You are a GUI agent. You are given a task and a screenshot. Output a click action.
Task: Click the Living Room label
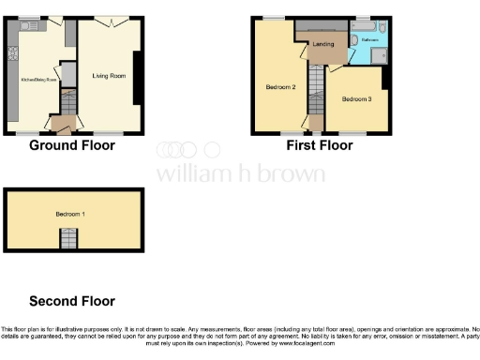coord(110,76)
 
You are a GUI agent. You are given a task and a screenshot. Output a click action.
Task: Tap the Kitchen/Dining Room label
coord(35,81)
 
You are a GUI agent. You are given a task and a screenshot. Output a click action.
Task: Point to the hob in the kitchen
coord(13,70)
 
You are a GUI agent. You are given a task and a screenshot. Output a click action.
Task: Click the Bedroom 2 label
coord(280,87)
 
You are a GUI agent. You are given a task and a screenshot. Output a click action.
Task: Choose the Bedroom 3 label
coord(356,99)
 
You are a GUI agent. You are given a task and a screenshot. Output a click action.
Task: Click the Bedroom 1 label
coord(70,215)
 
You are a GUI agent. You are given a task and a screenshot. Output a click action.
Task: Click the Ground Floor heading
coord(72,145)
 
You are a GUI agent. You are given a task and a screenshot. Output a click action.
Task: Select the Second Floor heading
coord(72,301)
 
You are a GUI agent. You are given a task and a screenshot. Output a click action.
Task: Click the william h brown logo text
coord(240,173)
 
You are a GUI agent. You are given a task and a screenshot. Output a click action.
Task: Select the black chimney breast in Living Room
coord(137,78)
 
